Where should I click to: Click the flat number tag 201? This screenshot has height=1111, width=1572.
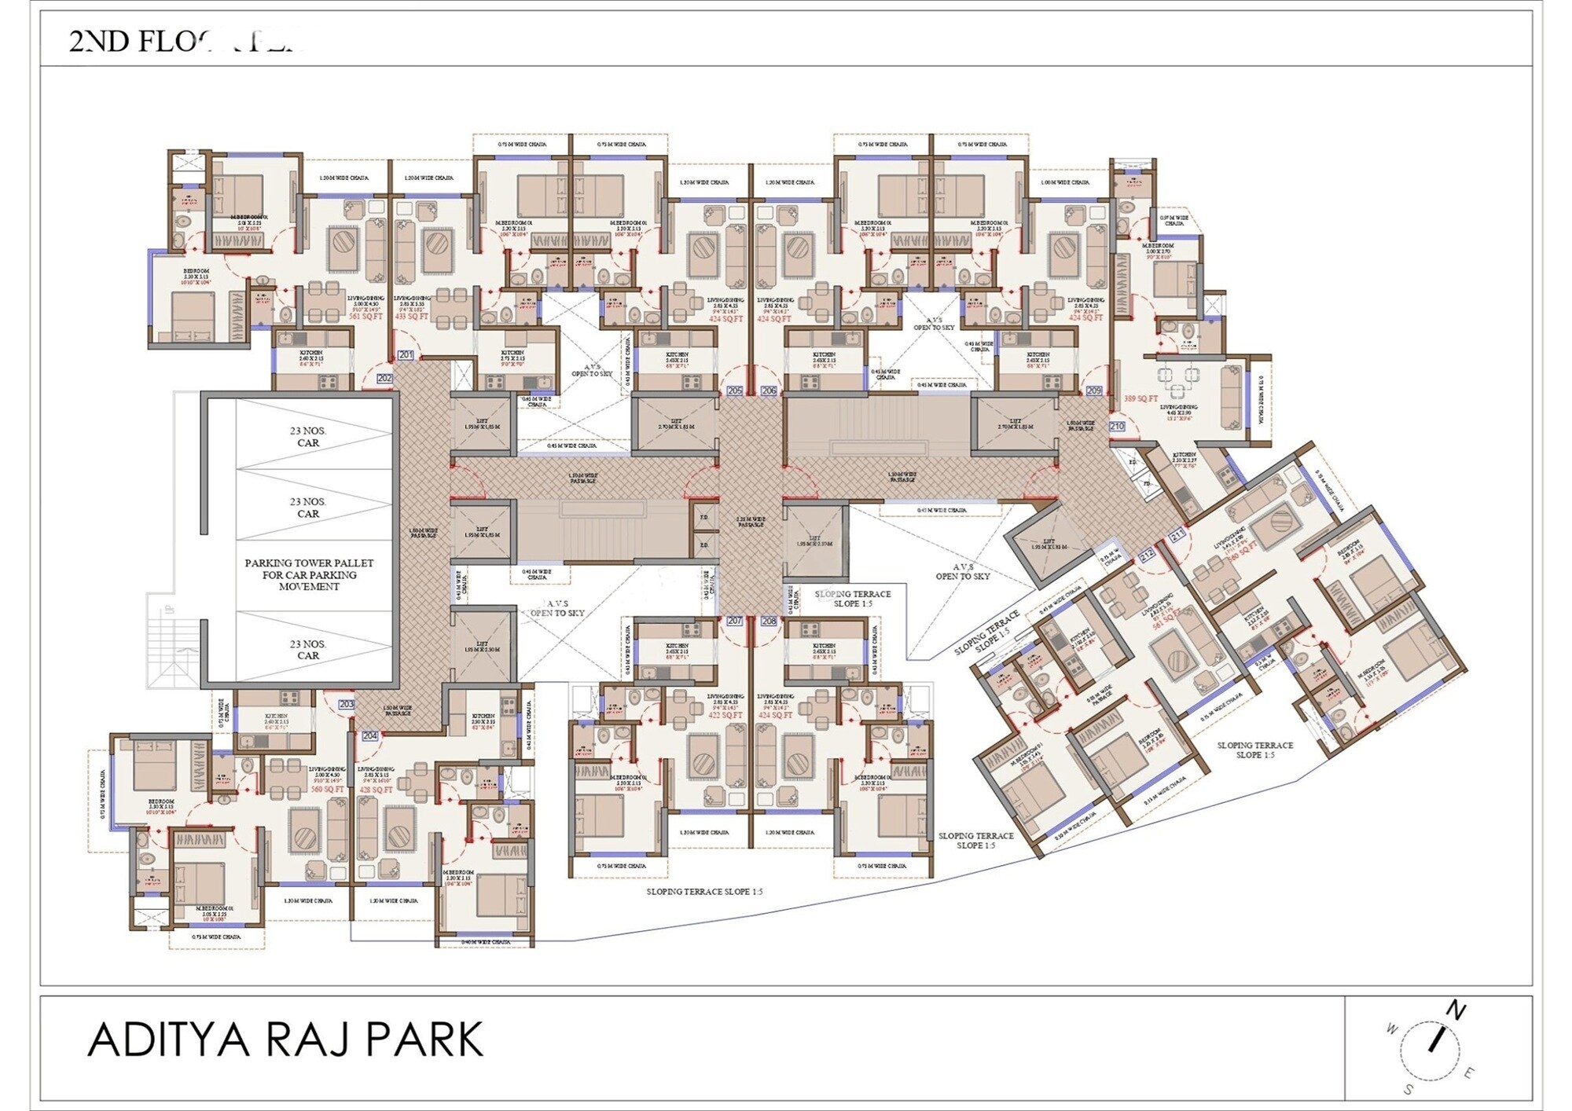click(x=406, y=355)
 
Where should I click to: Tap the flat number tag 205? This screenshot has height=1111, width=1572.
click(x=735, y=390)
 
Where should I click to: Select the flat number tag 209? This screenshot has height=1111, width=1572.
click(x=1094, y=390)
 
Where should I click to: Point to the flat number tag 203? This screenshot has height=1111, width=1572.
click(x=346, y=704)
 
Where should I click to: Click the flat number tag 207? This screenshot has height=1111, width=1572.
click(x=735, y=621)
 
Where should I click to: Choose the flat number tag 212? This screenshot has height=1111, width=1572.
click(x=1147, y=555)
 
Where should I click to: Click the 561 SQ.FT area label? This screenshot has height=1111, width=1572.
click(x=365, y=317)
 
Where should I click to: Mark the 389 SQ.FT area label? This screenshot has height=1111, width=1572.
click(x=1140, y=399)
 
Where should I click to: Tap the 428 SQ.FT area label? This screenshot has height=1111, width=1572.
click(x=376, y=790)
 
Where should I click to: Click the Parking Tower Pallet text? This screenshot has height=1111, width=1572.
click(x=309, y=574)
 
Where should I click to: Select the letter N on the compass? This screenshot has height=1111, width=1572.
click(x=1456, y=1010)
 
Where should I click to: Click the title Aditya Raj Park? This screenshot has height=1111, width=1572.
click(x=285, y=1040)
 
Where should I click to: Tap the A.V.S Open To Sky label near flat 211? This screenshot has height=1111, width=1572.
click(x=962, y=571)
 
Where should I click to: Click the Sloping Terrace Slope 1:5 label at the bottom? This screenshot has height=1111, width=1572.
click(x=704, y=892)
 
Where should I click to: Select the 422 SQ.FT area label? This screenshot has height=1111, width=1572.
click(x=725, y=716)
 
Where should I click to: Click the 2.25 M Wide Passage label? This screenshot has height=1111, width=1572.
click(x=751, y=522)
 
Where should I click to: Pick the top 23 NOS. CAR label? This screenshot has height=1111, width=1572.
click(x=308, y=437)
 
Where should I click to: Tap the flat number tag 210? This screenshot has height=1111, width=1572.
click(x=1117, y=426)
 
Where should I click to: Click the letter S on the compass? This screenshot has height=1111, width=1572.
click(x=1408, y=1090)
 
